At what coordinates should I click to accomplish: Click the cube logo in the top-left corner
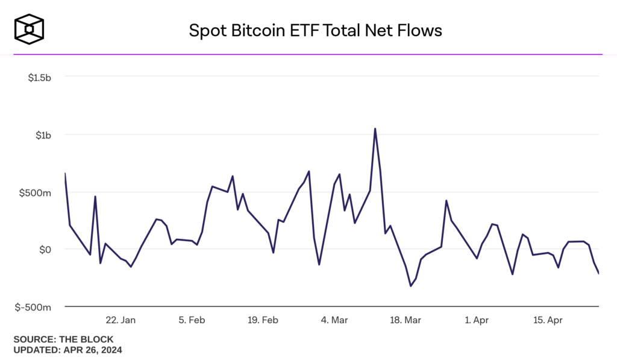pyautogui.click(x=30, y=30)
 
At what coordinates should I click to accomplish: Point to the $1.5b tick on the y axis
pyautogui.click(x=39, y=77)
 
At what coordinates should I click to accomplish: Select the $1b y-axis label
pyautogui.click(x=43, y=134)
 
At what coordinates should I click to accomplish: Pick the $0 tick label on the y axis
pyautogui.click(x=45, y=249)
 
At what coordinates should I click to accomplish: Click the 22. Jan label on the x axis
pyautogui.click(x=121, y=320)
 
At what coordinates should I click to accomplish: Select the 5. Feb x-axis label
pyautogui.click(x=192, y=320)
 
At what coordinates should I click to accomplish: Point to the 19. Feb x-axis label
pyautogui.click(x=263, y=320)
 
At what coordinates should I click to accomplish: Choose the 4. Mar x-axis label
pyautogui.click(x=334, y=320)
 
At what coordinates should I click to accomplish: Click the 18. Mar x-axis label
pyautogui.click(x=405, y=320)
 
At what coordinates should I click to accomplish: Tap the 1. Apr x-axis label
pyautogui.click(x=477, y=320)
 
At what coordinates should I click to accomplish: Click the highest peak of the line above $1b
pyautogui.click(x=375, y=128)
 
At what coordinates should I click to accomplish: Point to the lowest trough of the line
pyautogui.click(x=410, y=286)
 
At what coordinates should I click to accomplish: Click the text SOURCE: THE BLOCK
pyautogui.click(x=63, y=339)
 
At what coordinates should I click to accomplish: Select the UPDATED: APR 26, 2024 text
pyautogui.click(x=67, y=349)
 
